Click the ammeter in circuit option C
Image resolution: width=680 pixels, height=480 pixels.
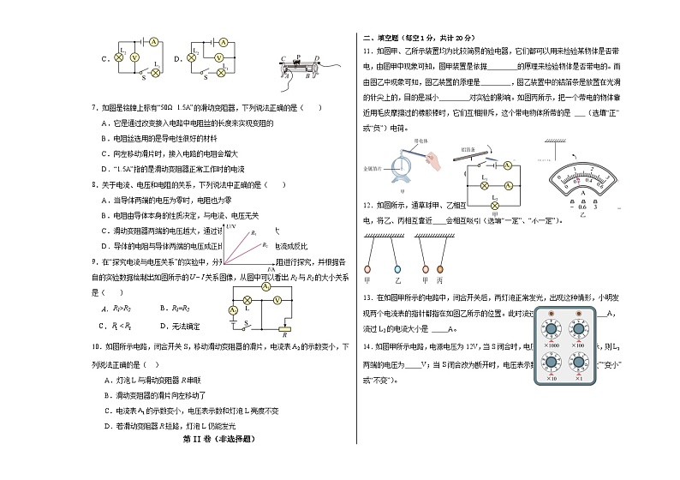(x=152, y=41)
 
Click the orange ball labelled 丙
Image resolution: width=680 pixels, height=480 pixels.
(x=441, y=254)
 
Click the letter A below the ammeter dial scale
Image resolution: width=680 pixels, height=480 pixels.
(x=582, y=195)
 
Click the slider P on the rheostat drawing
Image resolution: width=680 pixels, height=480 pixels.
(x=297, y=59)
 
